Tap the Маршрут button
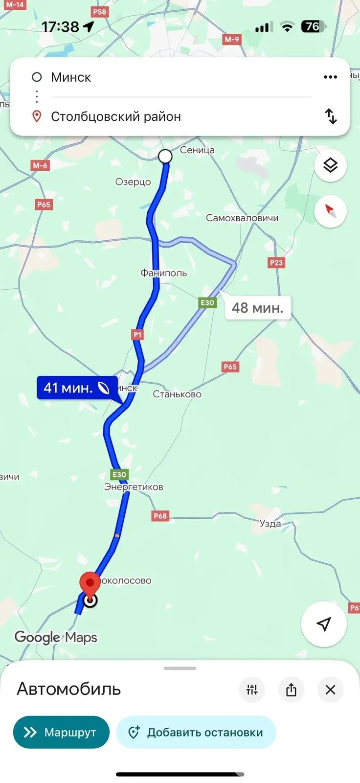61,732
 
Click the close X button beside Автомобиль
330,690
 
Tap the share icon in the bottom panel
291,690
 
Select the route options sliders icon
252,690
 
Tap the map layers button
330,166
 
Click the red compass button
330,211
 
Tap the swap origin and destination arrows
331,116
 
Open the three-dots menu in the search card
330,77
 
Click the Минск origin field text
71,77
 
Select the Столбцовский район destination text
116,117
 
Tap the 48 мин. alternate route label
258,308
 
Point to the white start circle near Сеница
165,156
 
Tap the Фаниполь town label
163,273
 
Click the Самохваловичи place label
242,218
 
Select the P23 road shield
276,263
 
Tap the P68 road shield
160,516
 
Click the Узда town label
270,524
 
